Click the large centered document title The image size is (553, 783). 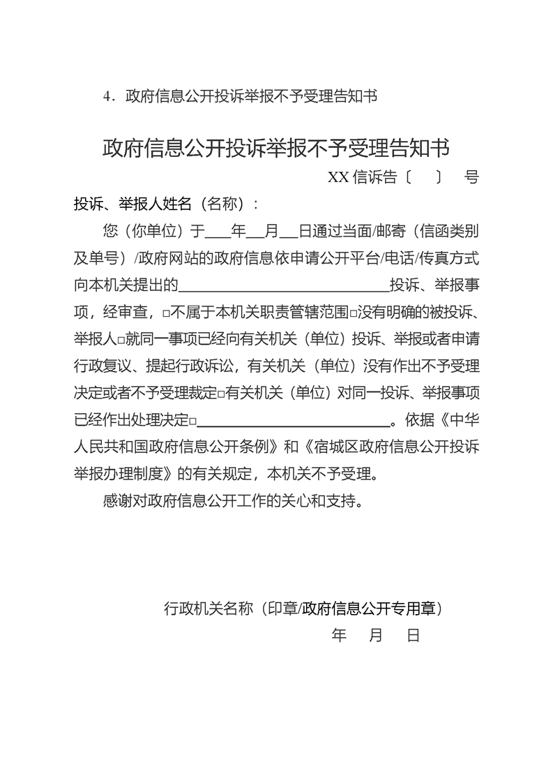[x=276, y=147]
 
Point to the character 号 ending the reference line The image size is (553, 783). [x=471, y=177]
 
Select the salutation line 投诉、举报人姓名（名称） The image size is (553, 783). [x=166, y=204]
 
